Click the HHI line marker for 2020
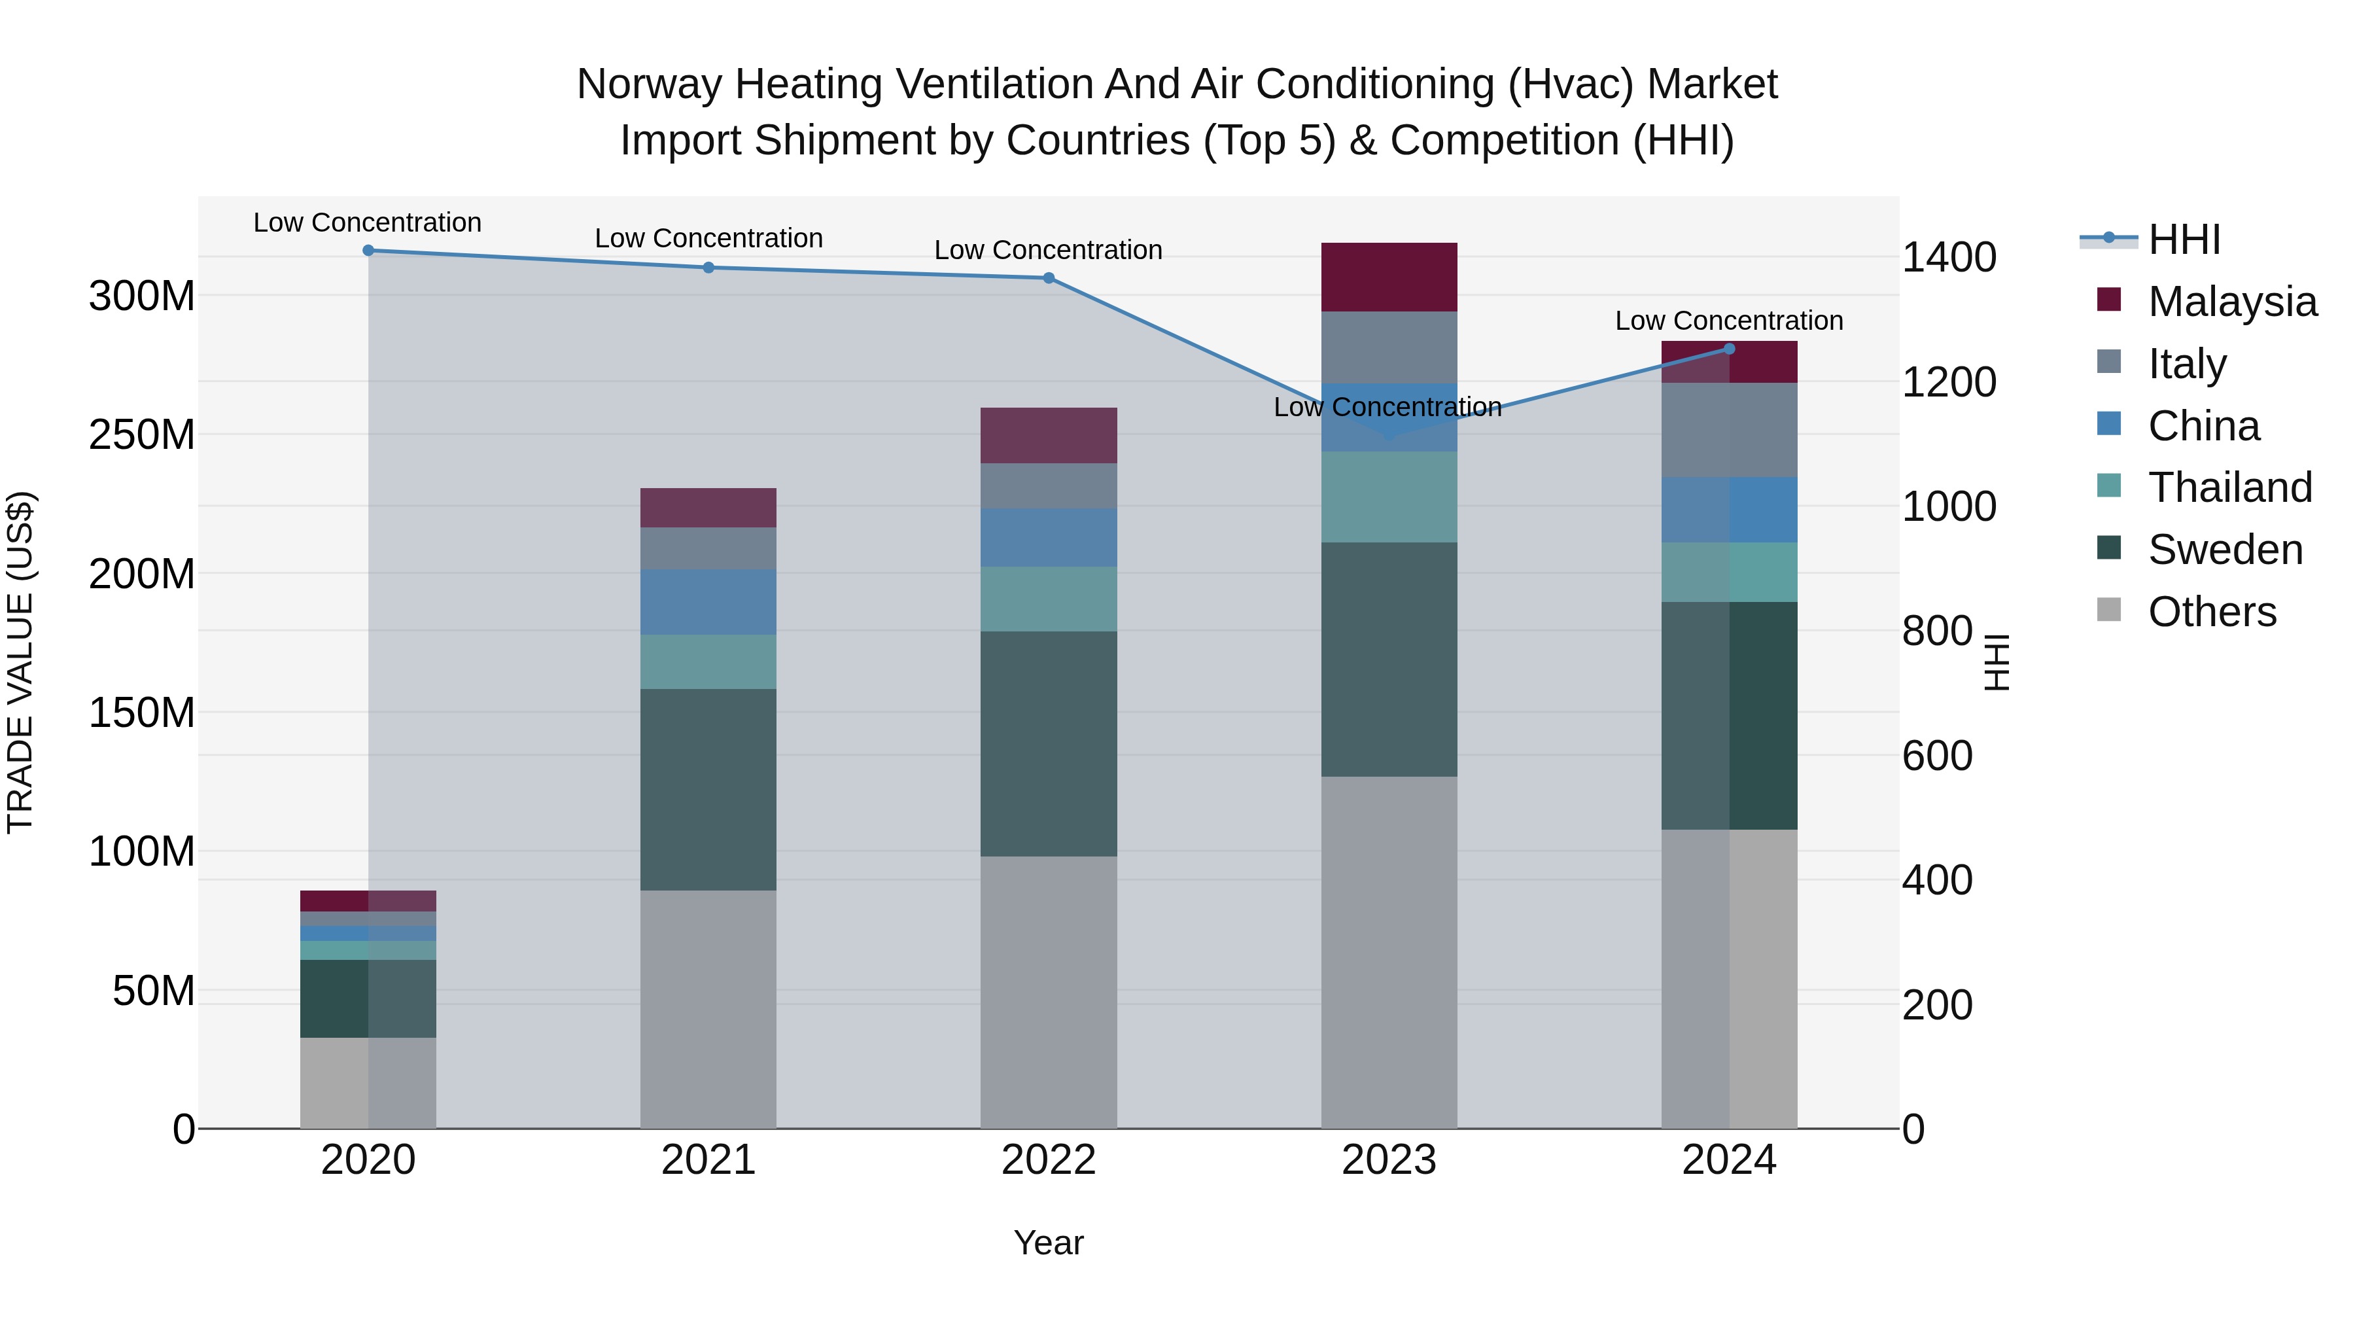pyautogui.click(x=368, y=251)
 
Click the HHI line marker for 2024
pyautogui.click(x=1729, y=348)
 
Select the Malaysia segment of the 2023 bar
pyautogui.click(x=1389, y=277)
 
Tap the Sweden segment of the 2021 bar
pyautogui.click(x=708, y=789)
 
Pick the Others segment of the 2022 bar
pyautogui.click(x=1049, y=992)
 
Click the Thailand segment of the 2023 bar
pyautogui.click(x=1389, y=497)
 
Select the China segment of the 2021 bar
pyautogui.click(x=708, y=602)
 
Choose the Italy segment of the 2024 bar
pyautogui.click(x=1729, y=430)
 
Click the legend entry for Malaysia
pyautogui.click(x=2231, y=302)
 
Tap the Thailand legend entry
pyautogui.click(x=2229, y=487)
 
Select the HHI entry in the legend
pyautogui.click(x=2183, y=239)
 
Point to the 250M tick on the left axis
pyautogui.click(x=142, y=435)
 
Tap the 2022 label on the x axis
pyautogui.click(x=1049, y=1160)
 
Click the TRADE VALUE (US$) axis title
pyautogui.click(x=21, y=663)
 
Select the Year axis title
pyautogui.click(x=1049, y=1243)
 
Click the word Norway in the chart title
pyautogui.click(x=650, y=84)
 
